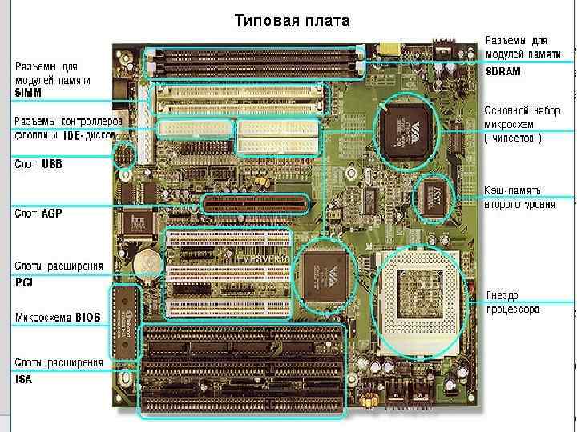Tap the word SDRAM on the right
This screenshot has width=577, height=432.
pyautogui.click(x=503, y=71)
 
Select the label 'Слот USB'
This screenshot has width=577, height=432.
pyautogui.click(x=38, y=163)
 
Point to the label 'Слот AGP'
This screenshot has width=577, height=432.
pyautogui.click(x=38, y=214)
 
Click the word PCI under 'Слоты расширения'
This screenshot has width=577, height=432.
pyautogui.click(x=25, y=282)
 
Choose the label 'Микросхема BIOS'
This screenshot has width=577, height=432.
pyautogui.click(x=58, y=318)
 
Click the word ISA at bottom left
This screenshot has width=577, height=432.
pyautogui.click(x=24, y=380)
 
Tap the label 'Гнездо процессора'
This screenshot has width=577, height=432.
pyautogui.click(x=512, y=302)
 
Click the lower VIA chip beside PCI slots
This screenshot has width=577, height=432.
pyautogui.click(x=327, y=274)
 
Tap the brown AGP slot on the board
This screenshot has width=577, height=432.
pyautogui.click(x=256, y=203)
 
